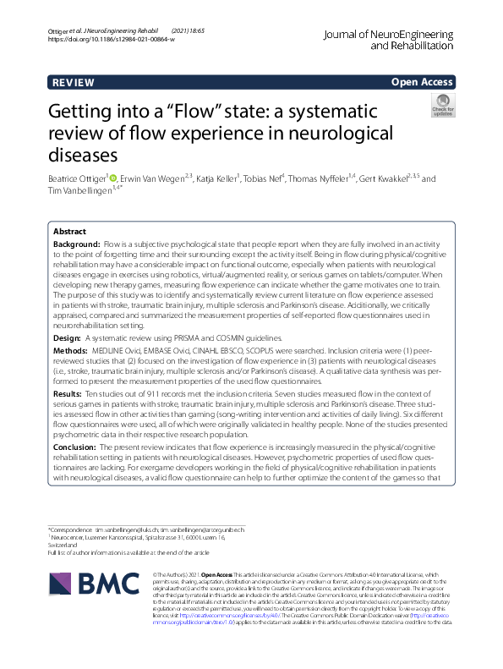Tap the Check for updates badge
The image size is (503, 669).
(442, 106)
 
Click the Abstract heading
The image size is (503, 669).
(69, 231)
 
